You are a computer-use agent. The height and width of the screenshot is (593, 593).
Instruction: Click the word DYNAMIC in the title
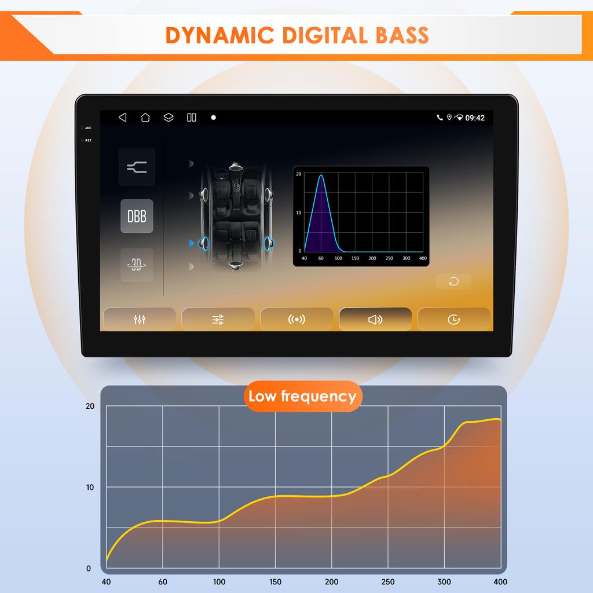coord(219,35)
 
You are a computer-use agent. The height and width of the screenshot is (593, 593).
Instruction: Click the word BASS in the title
coord(402,35)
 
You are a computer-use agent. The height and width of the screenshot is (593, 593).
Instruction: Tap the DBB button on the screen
coord(137,216)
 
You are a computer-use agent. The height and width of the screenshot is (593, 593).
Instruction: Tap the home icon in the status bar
coord(145,118)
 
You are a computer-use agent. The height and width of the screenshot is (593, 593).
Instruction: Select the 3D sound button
coord(137,265)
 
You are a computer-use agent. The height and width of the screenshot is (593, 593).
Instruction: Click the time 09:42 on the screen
coord(475,118)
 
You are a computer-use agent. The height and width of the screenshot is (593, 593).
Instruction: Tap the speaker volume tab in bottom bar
coord(375,320)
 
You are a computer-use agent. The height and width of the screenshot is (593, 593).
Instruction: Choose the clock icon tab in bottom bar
coord(454,320)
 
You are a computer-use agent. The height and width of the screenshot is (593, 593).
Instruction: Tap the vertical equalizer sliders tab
coord(140,320)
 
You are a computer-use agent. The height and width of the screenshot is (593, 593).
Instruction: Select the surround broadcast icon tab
coord(296,320)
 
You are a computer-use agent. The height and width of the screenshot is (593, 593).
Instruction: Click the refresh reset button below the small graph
coord(454,281)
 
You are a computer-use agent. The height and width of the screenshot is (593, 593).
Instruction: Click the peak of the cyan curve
coord(321,175)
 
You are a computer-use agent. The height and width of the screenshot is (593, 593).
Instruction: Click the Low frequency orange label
coord(303,396)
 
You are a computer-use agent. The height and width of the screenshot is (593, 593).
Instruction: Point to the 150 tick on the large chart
coord(275,581)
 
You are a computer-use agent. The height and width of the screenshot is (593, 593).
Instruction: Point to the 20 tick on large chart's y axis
coord(90,406)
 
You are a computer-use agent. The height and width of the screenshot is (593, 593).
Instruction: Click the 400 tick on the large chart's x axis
coord(500,581)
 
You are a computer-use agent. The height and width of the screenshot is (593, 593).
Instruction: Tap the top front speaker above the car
coord(235,166)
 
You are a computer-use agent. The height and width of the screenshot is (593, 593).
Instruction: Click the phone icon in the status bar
coord(440,118)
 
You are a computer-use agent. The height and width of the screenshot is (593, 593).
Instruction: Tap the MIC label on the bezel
coord(88,128)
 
